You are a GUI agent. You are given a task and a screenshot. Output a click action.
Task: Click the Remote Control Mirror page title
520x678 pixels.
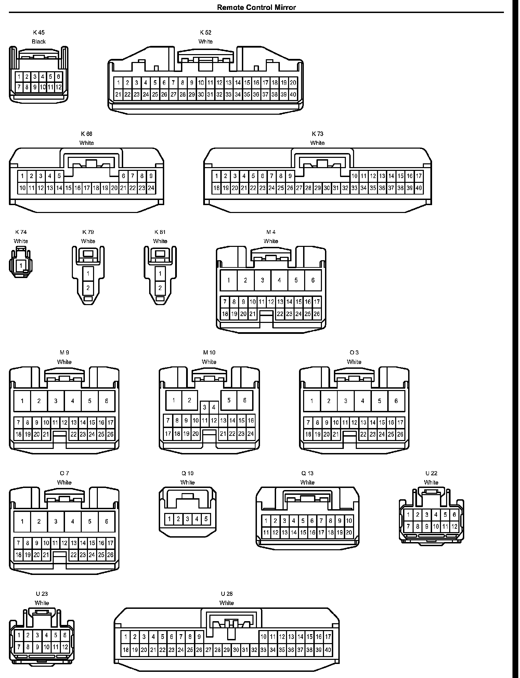tap(256, 7)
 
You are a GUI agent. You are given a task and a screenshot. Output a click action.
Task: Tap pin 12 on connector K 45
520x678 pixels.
tap(58, 87)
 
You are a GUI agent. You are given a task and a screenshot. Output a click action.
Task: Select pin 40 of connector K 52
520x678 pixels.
tap(293, 95)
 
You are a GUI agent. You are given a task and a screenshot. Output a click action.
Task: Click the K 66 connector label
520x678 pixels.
tap(87, 134)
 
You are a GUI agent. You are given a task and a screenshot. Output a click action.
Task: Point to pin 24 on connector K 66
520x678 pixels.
tap(151, 188)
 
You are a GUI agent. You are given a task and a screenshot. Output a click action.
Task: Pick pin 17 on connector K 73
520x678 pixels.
tap(419, 176)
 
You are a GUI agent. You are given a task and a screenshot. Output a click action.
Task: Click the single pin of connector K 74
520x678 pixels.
tap(21, 265)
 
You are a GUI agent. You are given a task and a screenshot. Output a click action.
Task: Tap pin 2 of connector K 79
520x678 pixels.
tap(88, 288)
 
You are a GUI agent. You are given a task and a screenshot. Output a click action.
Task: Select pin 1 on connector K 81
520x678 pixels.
tap(160, 273)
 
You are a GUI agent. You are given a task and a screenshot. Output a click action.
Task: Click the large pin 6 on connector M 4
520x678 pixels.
tap(313, 280)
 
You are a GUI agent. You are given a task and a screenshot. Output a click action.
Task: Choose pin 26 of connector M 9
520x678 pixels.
tap(110, 434)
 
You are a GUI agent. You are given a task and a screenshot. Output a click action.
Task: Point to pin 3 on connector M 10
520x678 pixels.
tap(205, 407)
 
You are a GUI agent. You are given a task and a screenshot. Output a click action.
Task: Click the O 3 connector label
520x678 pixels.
tap(354, 352)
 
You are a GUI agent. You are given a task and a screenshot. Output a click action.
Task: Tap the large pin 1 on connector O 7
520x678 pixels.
tap(22, 521)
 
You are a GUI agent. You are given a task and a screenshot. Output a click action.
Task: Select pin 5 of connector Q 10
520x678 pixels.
tap(206, 519)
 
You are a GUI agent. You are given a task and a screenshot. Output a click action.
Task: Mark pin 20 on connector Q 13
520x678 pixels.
tap(349, 532)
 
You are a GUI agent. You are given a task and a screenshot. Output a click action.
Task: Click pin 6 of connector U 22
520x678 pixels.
tap(454, 514)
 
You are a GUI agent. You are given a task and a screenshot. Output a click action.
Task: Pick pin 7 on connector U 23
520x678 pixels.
tap(19, 647)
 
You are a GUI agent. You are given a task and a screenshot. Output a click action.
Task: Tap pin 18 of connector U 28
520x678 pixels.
tap(126, 650)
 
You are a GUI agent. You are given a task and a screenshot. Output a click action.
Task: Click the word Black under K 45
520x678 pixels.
tap(39, 41)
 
